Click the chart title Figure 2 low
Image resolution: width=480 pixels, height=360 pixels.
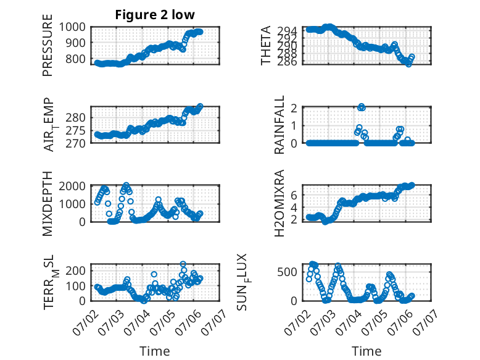(x=155, y=15)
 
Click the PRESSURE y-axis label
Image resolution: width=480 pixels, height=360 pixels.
(x=48, y=45)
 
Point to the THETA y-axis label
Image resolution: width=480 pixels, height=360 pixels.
(x=266, y=45)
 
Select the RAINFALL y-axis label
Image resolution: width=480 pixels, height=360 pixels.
(x=279, y=125)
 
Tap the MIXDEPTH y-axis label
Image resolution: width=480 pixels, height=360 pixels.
(x=48, y=203)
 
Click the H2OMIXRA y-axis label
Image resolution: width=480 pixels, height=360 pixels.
(x=279, y=203)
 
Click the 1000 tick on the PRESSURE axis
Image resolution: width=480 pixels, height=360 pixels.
(x=72, y=27)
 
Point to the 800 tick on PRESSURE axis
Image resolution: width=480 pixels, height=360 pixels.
(x=76, y=59)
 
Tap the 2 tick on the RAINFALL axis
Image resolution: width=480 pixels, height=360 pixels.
(x=294, y=108)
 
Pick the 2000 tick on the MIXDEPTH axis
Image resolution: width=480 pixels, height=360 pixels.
(x=72, y=186)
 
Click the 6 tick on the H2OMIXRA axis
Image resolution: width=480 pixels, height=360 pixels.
(x=294, y=195)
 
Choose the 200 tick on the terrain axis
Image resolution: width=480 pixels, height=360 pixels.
(x=76, y=270)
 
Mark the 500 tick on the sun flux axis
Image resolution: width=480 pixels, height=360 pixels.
(x=287, y=272)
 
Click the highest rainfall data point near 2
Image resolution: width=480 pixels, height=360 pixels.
(x=362, y=107)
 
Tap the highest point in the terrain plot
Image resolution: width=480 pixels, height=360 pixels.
(x=183, y=264)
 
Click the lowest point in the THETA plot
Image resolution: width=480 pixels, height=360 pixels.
(x=408, y=64)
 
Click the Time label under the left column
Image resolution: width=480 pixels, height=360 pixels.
(x=155, y=351)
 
